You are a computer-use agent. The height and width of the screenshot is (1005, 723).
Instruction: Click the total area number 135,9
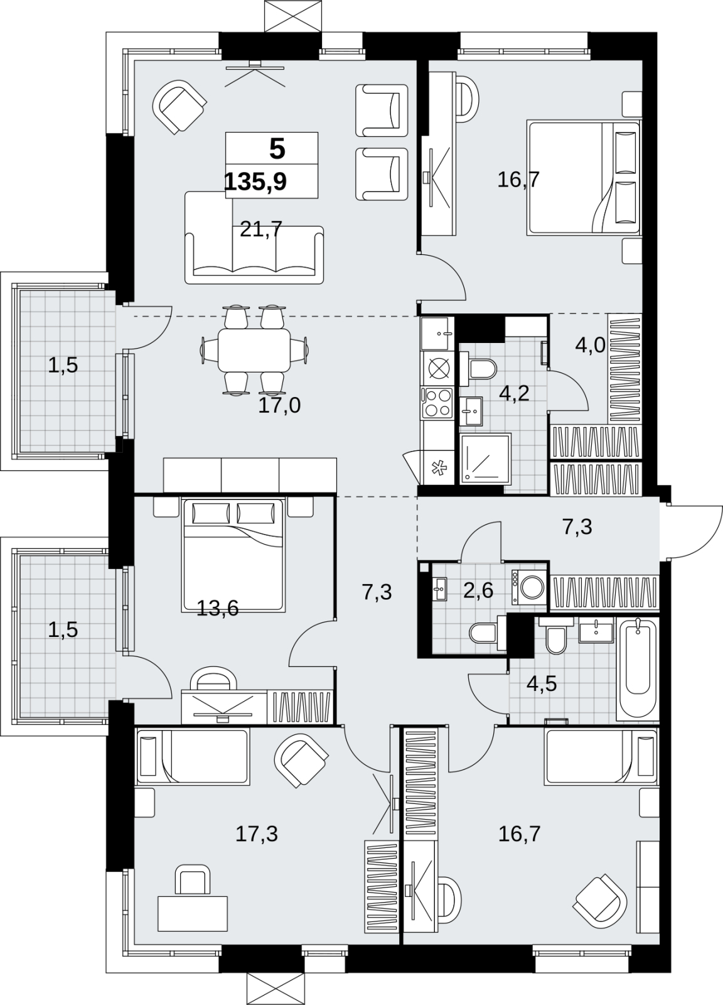tap(255, 182)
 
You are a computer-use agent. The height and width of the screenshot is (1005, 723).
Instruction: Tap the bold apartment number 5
tap(277, 149)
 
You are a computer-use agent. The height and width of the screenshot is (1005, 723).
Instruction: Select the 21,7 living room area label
tap(261, 230)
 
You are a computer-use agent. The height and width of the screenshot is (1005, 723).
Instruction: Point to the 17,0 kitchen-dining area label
tap(279, 405)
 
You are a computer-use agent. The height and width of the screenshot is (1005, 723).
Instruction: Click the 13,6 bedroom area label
tap(218, 609)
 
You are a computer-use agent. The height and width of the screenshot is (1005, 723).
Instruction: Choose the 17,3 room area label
tap(257, 834)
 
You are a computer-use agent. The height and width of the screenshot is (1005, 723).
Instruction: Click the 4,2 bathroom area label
tap(515, 393)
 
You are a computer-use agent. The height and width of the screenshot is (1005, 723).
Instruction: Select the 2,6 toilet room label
tap(478, 590)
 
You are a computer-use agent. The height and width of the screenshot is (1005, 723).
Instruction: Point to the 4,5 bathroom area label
tap(542, 684)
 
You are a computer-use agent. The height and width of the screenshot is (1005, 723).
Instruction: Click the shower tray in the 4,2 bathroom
tap(485, 458)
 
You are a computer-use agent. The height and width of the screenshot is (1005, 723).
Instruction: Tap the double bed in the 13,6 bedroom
tap(233, 555)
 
